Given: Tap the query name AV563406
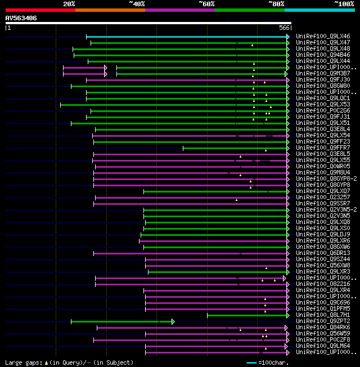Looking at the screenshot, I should coord(21,18).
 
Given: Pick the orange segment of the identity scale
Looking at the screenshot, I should coord(110,10).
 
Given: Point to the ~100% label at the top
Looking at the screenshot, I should coord(344,4).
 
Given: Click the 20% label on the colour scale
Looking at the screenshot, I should coord(69,4).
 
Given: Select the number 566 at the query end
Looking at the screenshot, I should coord(284,28).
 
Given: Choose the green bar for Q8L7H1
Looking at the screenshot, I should coord(247,315).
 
